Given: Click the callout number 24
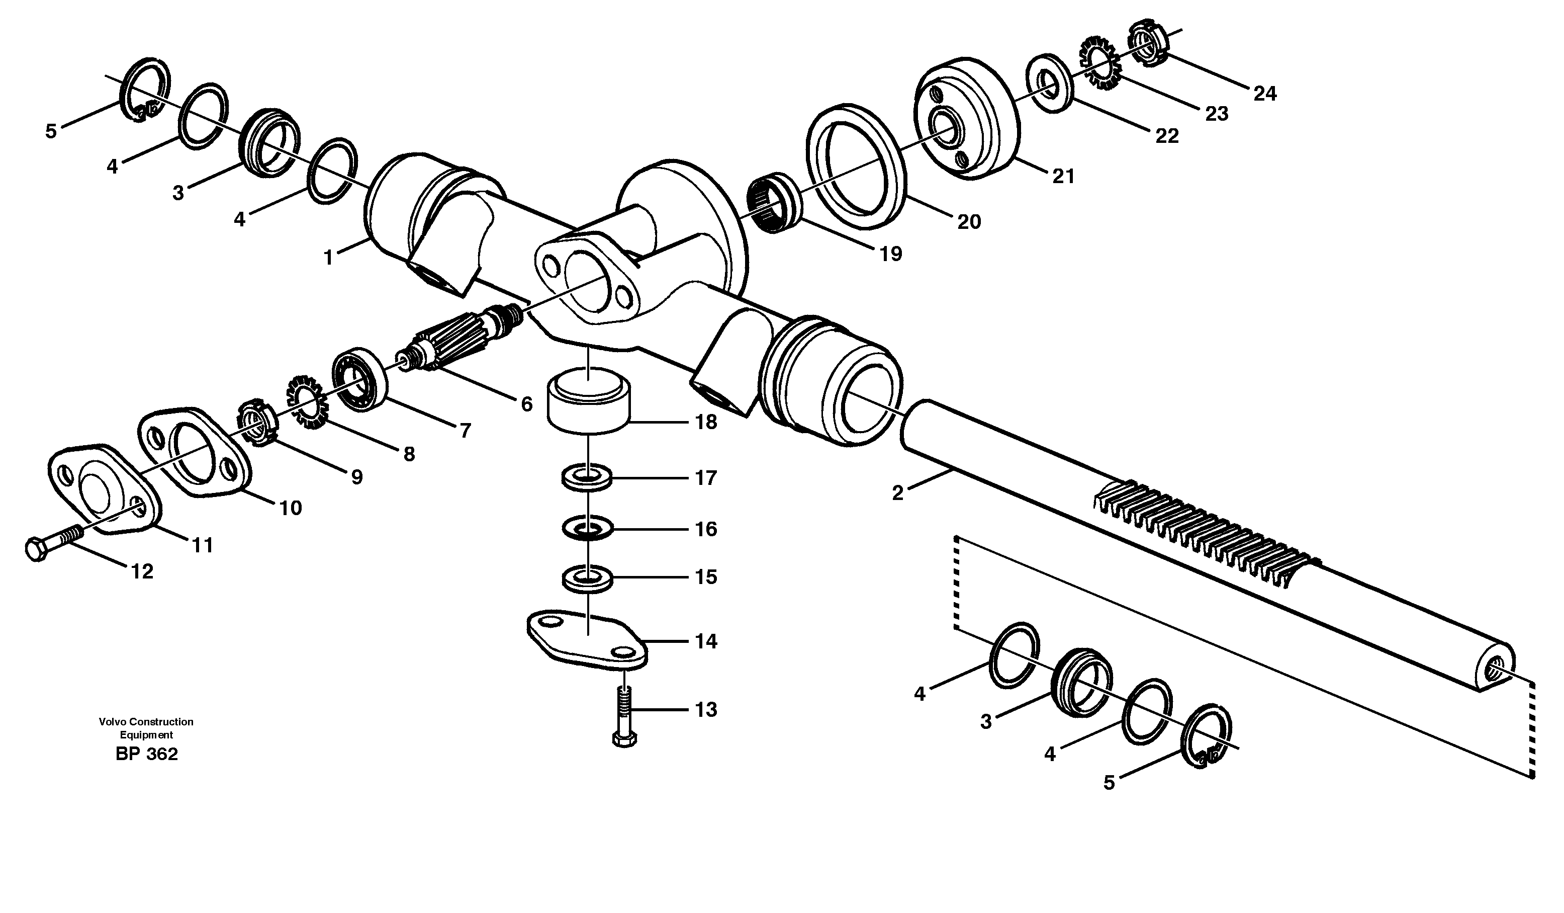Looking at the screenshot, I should [x=1264, y=94].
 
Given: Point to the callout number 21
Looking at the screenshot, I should [x=1063, y=177].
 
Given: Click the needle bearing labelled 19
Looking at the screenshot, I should [x=773, y=204].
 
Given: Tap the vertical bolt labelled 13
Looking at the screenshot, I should [x=624, y=714].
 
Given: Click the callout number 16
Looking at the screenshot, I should [x=706, y=529].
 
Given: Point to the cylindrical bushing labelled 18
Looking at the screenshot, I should [x=588, y=402].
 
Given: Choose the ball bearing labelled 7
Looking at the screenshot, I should [x=360, y=380].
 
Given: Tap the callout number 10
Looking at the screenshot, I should [x=291, y=508].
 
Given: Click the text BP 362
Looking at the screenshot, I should [x=146, y=754].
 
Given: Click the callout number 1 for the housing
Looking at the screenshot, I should [x=328, y=257].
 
